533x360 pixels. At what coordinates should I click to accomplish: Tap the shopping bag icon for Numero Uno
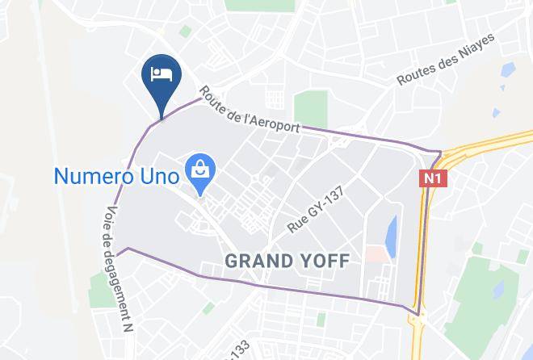tap(198, 172)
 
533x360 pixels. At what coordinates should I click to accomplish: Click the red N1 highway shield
tap(430, 178)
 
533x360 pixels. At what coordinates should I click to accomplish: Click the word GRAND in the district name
tap(258, 262)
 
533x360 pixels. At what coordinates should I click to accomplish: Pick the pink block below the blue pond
tap(375, 254)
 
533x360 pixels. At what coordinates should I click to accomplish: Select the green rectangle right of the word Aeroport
tap(310, 107)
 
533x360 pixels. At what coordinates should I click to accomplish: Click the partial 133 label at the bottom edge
tap(238, 352)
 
